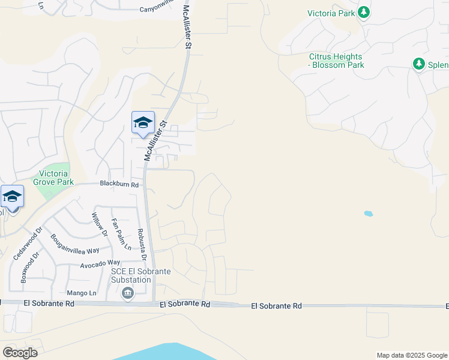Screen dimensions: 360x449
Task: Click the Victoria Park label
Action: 331,13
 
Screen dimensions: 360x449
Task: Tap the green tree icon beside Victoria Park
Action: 363,12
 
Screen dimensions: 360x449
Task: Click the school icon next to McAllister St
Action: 143,123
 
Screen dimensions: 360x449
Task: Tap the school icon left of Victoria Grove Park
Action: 12,196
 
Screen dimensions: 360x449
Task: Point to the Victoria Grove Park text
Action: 53,178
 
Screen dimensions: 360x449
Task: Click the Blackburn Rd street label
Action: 119,185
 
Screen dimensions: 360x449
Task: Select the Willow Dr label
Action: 100,224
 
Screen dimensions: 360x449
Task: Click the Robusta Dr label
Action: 142,244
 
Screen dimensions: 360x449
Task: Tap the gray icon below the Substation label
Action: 127,293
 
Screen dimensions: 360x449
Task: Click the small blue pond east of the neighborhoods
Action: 367,213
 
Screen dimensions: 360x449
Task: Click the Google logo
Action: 19,353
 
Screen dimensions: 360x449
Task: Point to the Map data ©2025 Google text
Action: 412,355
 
